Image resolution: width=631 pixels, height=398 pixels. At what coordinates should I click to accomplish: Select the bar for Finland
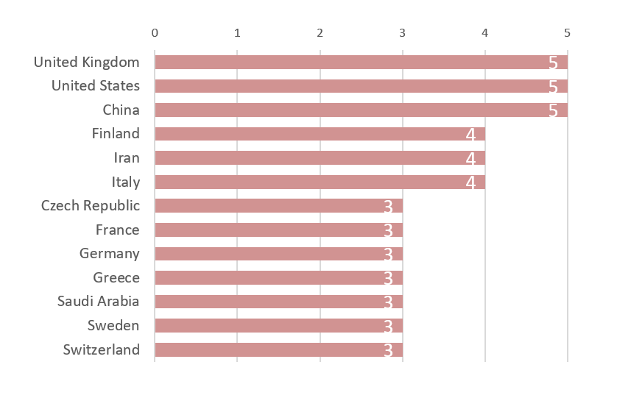point(320,134)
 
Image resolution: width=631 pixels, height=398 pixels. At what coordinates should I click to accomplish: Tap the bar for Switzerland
point(278,349)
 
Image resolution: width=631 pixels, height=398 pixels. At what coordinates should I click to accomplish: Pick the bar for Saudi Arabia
point(278,302)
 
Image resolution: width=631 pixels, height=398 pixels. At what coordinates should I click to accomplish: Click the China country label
point(121,110)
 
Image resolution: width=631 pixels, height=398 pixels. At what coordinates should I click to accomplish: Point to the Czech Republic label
point(91,205)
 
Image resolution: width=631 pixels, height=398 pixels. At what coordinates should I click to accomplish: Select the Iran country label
point(127,157)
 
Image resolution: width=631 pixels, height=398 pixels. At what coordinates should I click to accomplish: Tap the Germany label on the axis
point(110,254)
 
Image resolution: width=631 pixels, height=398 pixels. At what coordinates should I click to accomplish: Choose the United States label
point(96,86)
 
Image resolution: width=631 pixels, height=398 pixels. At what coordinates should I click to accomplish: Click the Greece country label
point(116,277)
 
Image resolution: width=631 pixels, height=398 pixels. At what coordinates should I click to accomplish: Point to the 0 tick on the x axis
point(155,33)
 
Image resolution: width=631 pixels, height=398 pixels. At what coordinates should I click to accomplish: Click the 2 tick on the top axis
point(320,33)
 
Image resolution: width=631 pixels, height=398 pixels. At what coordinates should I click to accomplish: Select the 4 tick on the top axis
point(484,33)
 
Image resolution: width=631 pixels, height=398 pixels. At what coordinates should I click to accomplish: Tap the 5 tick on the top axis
point(567,33)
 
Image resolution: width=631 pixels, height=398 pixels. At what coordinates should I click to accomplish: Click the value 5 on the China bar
point(554,110)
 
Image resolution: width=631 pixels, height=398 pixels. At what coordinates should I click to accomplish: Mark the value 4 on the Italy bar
point(471,182)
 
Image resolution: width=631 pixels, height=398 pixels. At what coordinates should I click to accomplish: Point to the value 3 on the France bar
point(388,230)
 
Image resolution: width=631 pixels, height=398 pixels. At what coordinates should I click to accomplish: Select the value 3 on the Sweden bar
point(388,326)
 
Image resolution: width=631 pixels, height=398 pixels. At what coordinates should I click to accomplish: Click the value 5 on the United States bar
point(554,87)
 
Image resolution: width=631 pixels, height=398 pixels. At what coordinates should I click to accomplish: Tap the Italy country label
point(126,182)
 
